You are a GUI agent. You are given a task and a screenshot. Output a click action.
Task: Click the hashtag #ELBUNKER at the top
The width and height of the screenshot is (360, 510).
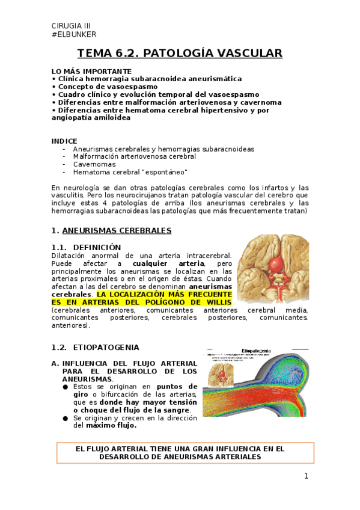pyautogui.click(x=74, y=34)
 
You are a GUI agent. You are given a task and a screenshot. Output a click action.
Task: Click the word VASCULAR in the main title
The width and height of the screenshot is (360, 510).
pyautogui.click(x=250, y=54)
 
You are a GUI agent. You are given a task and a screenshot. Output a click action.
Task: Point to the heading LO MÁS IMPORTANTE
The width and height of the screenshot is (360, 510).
pyautogui.click(x=91, y=71)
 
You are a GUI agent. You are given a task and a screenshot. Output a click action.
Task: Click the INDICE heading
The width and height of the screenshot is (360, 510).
pyautogui.click(x=64, y=141)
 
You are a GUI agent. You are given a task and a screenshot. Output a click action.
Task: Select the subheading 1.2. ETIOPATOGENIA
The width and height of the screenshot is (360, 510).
pyautogui.click(x=96, y=348)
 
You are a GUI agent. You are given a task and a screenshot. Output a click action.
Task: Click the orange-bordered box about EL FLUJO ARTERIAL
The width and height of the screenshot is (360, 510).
pyautogui.click(x=185, y=452)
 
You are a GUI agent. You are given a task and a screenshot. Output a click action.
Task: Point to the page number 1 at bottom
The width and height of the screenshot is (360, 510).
pyautogui.click(x=306, y=476)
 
